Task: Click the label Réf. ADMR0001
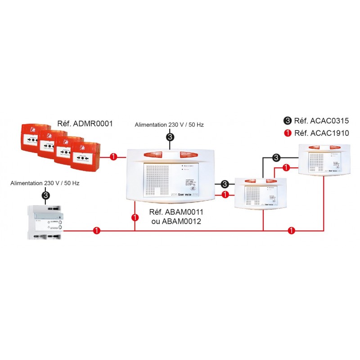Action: point(85,122)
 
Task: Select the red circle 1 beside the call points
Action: point(113,157)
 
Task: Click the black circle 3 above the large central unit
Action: point(170,137)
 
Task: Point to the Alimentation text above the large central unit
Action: point(169,125)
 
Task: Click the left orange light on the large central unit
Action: point(153,154)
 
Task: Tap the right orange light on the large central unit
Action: point(189,154)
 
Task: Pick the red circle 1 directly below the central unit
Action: point(135,218)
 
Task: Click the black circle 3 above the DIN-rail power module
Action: point(45,195)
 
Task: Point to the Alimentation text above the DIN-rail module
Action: point(45,183)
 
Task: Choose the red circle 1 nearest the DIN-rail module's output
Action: point(96,231)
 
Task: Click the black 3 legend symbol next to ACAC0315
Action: point(288,121)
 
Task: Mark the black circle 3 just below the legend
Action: point(276,157)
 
